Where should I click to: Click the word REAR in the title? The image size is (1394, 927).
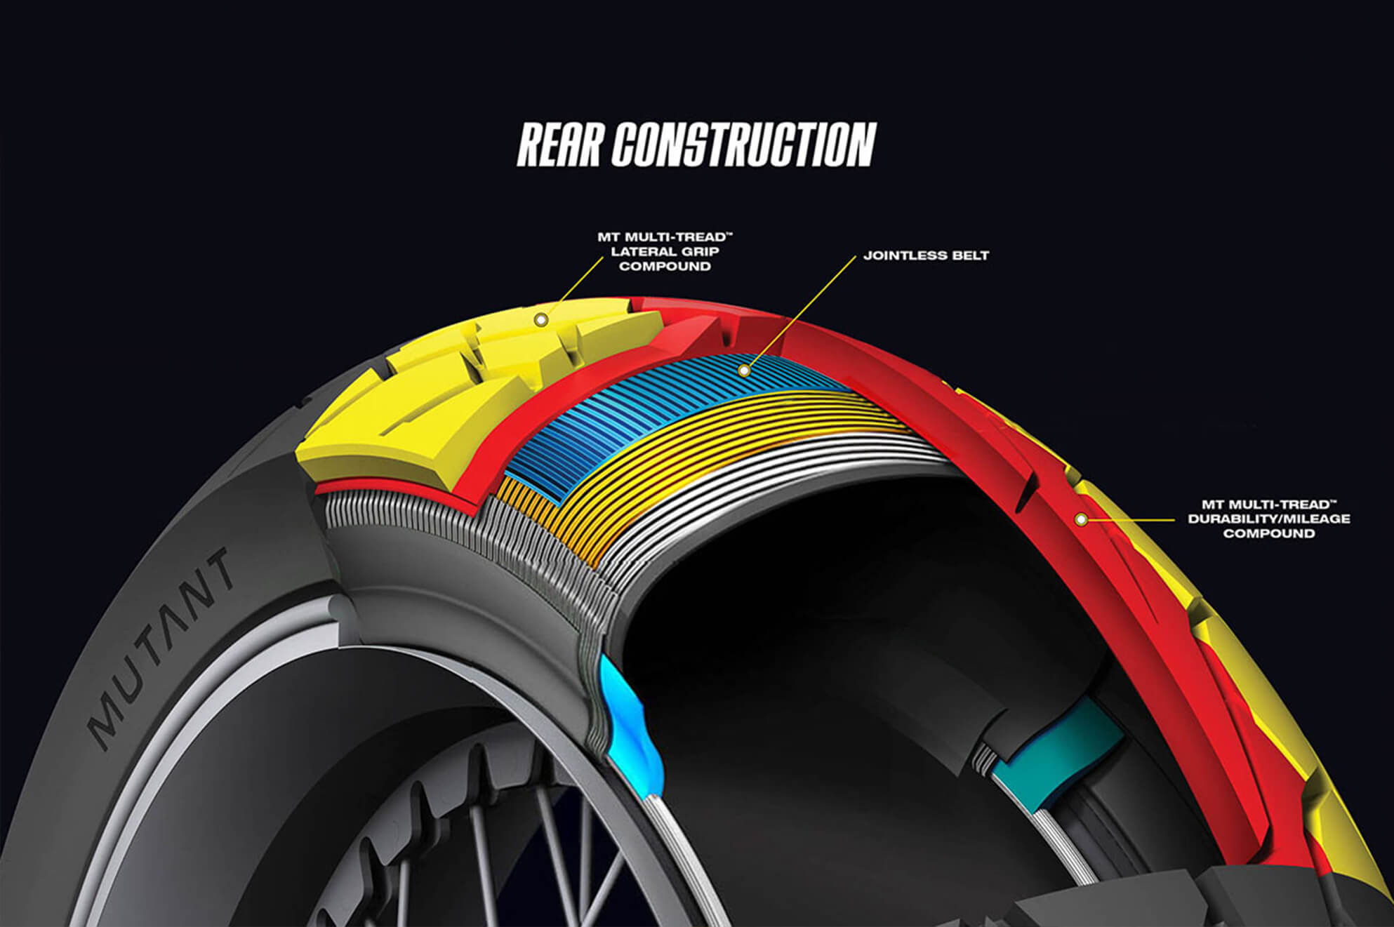(x=559, y=145)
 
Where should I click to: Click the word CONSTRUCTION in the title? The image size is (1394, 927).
(x=744, y=145)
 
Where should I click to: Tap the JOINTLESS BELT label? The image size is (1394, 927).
(x=926, y=255)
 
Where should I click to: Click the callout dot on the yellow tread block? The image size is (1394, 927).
(x=540, y=320)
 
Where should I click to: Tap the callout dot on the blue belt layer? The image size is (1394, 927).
(x=744, y=371)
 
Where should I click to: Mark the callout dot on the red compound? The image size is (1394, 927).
(x=1082, y=520)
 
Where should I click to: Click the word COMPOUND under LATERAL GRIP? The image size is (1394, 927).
(x=665, y=267)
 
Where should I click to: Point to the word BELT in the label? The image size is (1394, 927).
(x=969, y=255)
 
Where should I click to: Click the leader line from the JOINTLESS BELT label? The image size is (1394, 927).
(x=801, y=312)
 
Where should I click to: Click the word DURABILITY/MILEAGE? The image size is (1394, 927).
(x=1269, y=519)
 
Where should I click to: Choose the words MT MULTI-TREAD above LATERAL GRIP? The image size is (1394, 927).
(x=665, y=237)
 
